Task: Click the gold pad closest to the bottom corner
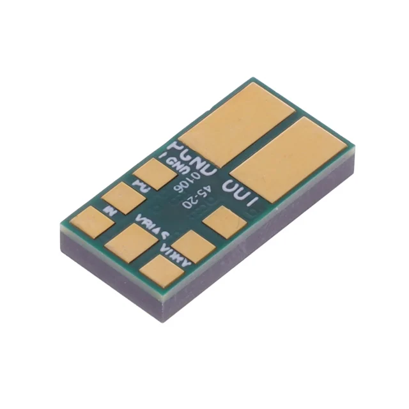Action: tap(160, 269)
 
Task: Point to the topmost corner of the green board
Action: tap(255, 79)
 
